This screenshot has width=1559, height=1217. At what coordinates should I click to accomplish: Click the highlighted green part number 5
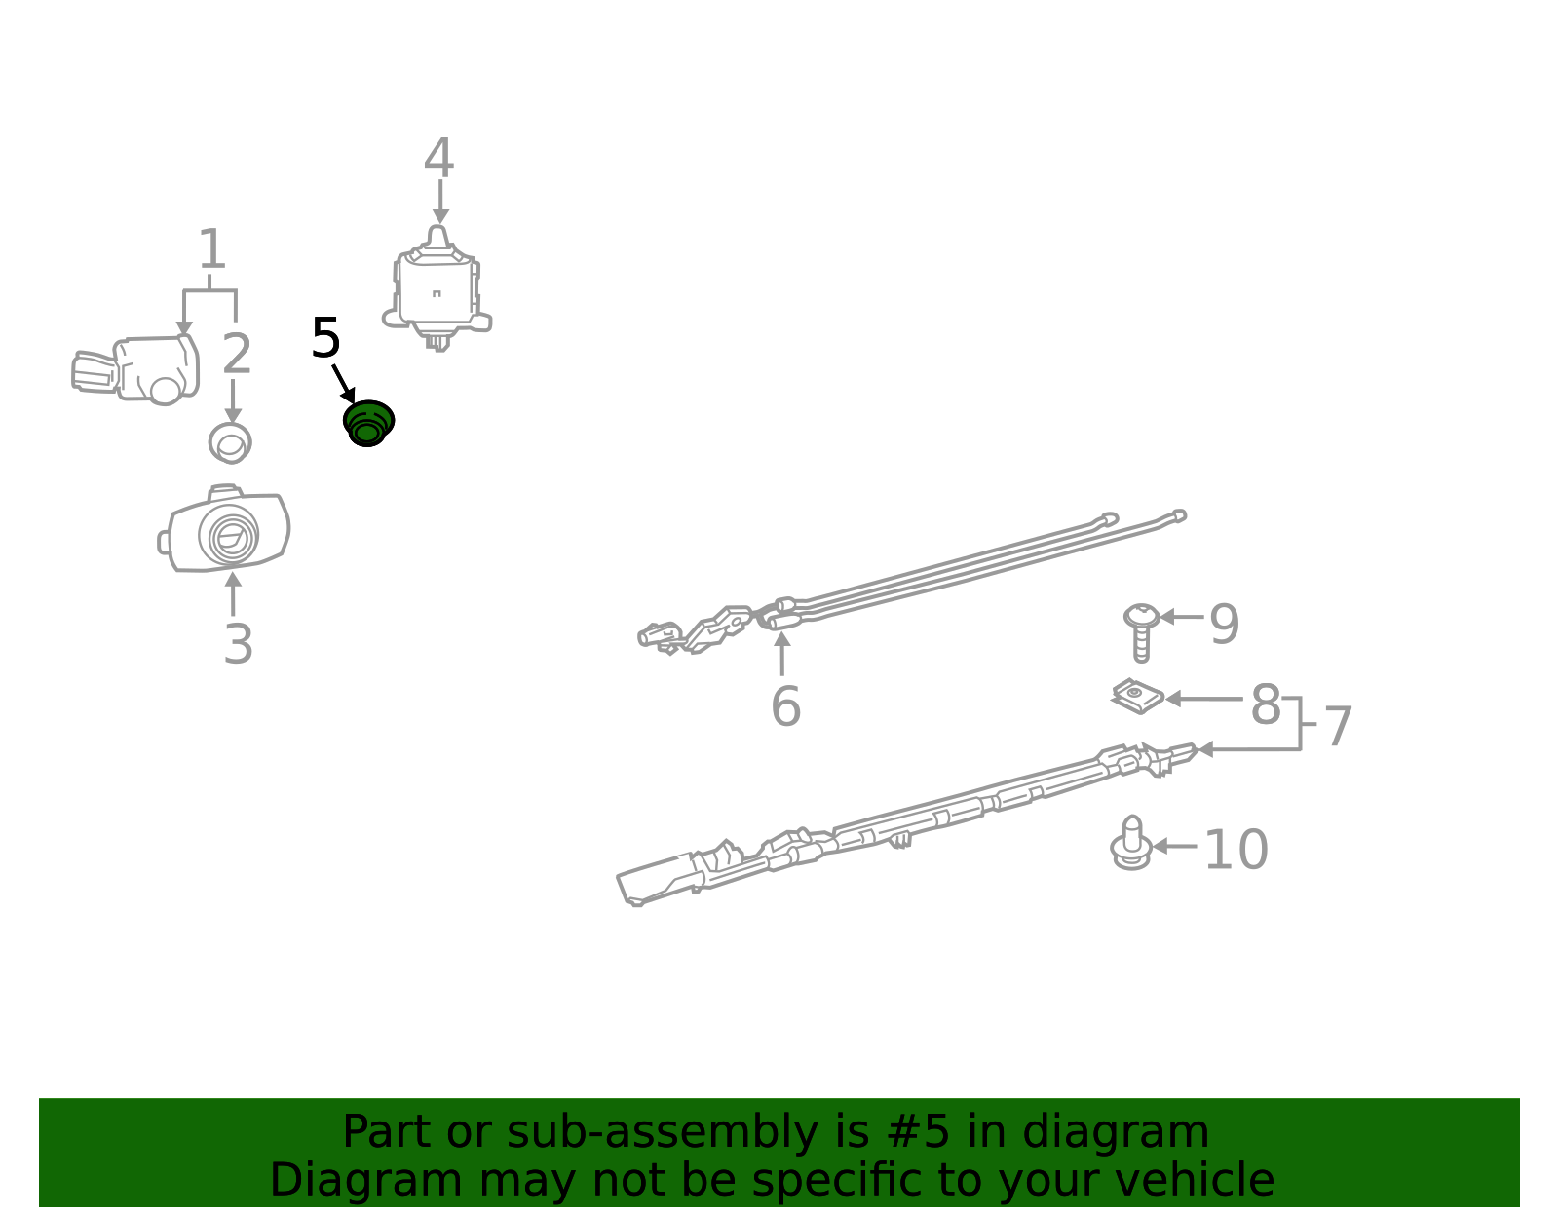[x=368, y=423]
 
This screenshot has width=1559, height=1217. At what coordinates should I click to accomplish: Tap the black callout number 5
[x=325, y=338]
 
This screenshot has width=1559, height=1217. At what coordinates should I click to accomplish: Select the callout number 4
[x=438, y=158]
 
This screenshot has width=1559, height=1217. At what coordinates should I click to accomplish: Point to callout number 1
[x=211, y=248]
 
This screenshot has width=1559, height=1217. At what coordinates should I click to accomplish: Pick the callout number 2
[x=237, y=354]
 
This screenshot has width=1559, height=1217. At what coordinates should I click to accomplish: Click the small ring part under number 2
[x=230, y=442]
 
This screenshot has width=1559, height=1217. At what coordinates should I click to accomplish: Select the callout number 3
[x=238, y=644]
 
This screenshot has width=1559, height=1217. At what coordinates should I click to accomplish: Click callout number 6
[x=785, y=706]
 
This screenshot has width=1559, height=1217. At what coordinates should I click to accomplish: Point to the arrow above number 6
[x=782, y=654]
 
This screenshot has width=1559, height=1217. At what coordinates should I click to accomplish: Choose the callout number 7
[x=1337, y=727]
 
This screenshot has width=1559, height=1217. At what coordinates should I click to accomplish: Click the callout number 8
[x=1266, y=704]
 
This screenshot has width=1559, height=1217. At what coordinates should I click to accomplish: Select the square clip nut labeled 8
[x=1137, y=697]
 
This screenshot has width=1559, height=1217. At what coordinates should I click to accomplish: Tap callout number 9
[x=1225, y=624]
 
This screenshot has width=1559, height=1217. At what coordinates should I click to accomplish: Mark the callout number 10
[x=1236, y=850]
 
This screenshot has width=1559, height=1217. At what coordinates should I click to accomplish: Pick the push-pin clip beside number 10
[x=1132, y=843]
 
